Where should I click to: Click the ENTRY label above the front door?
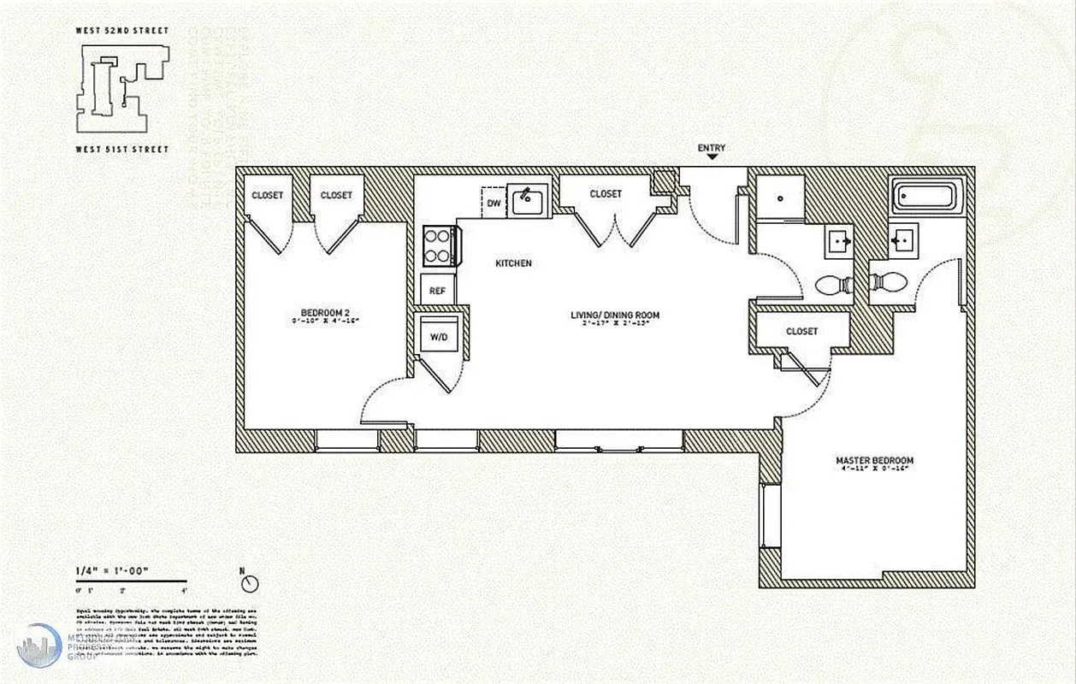711,148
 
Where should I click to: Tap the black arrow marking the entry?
711,158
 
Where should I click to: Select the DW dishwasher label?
494,203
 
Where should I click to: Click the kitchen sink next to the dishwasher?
528,203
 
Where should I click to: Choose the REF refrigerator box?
437,291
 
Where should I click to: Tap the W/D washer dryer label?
439,337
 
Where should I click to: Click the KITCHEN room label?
513,263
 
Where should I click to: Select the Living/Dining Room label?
615,315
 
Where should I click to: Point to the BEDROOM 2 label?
325,312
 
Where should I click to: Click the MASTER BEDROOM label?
874,461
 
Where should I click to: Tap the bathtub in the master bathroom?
927,196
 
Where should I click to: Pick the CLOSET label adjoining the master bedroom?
801,331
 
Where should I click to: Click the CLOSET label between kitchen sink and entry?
606,194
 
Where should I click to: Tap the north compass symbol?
250,583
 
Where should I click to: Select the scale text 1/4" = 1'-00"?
106,570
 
